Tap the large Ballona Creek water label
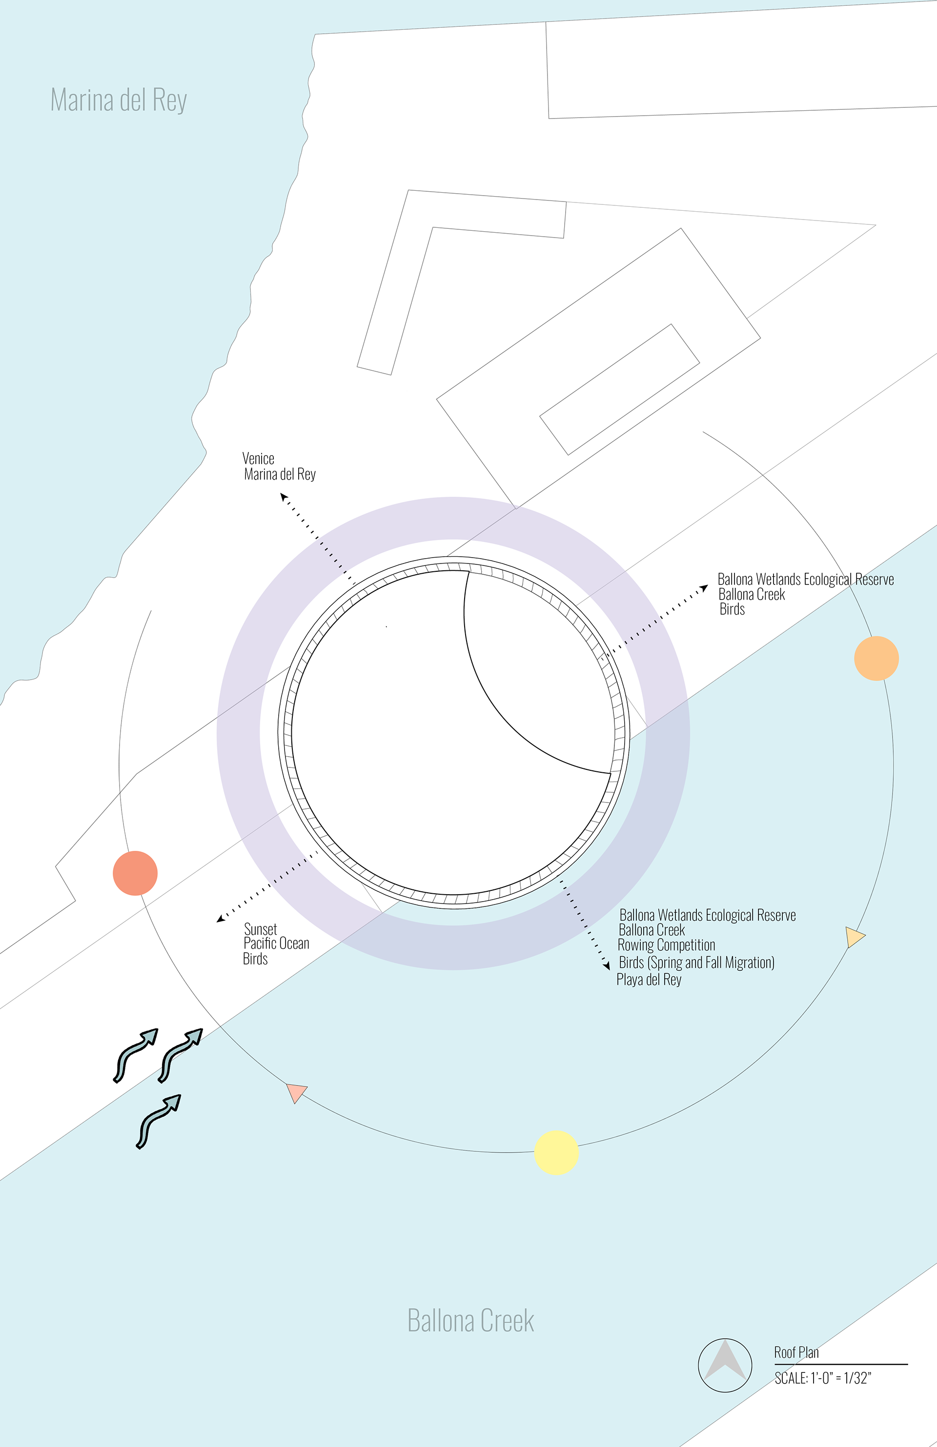(470, 1321)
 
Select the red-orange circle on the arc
(135, 873)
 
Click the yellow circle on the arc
(556, 1152)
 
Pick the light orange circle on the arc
(876, 659)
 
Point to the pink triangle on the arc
(296, 1092)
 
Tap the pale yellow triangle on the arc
(855, 937)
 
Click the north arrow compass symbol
(725, 1365)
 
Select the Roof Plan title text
(796, 1353)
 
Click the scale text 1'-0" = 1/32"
(823, 1378)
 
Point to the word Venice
(259, 459)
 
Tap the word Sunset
(260, 929)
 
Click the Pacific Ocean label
(277, 944)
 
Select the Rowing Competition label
(667, 945)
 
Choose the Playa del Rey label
(649, 980)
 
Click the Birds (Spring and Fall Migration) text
(696, 963)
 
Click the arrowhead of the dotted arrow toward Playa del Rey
(606, 965)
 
